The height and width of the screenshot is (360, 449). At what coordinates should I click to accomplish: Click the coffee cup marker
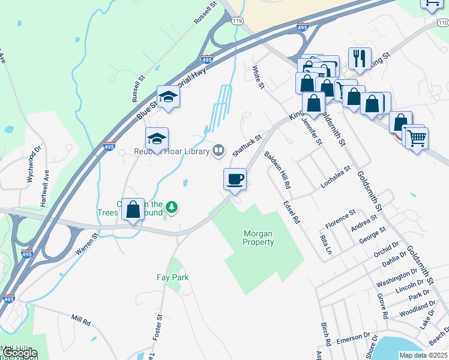[235, 179]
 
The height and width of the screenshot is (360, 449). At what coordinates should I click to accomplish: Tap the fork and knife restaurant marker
[360, 58]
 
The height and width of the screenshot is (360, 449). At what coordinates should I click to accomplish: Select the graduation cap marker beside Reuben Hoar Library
[157, 139]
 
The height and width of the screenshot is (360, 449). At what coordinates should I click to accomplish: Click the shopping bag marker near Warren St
[133, 209]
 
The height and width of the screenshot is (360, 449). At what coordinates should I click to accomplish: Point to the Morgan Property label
[258, 238]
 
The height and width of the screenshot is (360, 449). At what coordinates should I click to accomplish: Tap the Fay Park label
[173, 277]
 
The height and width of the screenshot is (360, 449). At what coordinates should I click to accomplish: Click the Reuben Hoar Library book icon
[219, 150]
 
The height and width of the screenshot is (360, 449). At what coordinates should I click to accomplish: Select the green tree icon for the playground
[172, 207]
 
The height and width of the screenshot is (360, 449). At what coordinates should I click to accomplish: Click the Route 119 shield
[238, 20]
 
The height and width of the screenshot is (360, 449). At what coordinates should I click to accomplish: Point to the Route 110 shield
[443, 22]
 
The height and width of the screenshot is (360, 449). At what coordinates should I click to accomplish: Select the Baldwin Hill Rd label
[277, 169]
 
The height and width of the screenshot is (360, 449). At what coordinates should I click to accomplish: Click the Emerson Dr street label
[353, 338]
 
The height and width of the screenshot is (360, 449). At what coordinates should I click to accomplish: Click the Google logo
[19, 353]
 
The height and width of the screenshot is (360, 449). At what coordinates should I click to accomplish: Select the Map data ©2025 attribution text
[423, 355]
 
